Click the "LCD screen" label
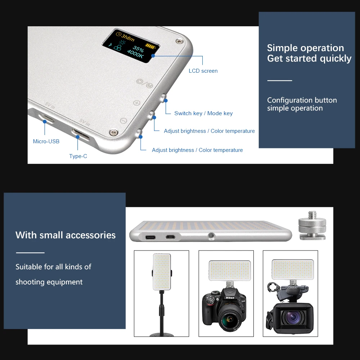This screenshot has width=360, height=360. pos(203,71)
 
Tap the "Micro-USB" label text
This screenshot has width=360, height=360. pos(46,141)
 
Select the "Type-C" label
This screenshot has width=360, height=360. pos(78,156)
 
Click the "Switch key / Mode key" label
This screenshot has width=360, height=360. pos(203,113)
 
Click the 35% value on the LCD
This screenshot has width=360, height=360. pos(138,48)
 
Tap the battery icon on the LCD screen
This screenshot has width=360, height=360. pos(151,46)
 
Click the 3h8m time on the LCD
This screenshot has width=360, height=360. pos(126,36)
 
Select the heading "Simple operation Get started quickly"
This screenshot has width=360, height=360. pos(309,53)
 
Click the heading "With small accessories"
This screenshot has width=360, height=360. pos(66,235)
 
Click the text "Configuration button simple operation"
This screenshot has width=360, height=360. pos(302,104)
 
